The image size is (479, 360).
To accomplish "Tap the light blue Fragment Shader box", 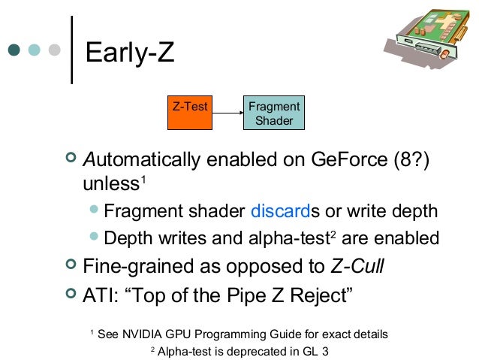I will (x=274, y=113).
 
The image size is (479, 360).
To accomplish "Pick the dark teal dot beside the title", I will (x=14, y=50).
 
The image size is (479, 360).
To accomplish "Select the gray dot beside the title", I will (x=53, y=50).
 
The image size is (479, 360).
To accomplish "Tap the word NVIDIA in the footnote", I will (x=141, y=334).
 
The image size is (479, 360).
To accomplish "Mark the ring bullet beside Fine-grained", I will (x=71, y=265).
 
